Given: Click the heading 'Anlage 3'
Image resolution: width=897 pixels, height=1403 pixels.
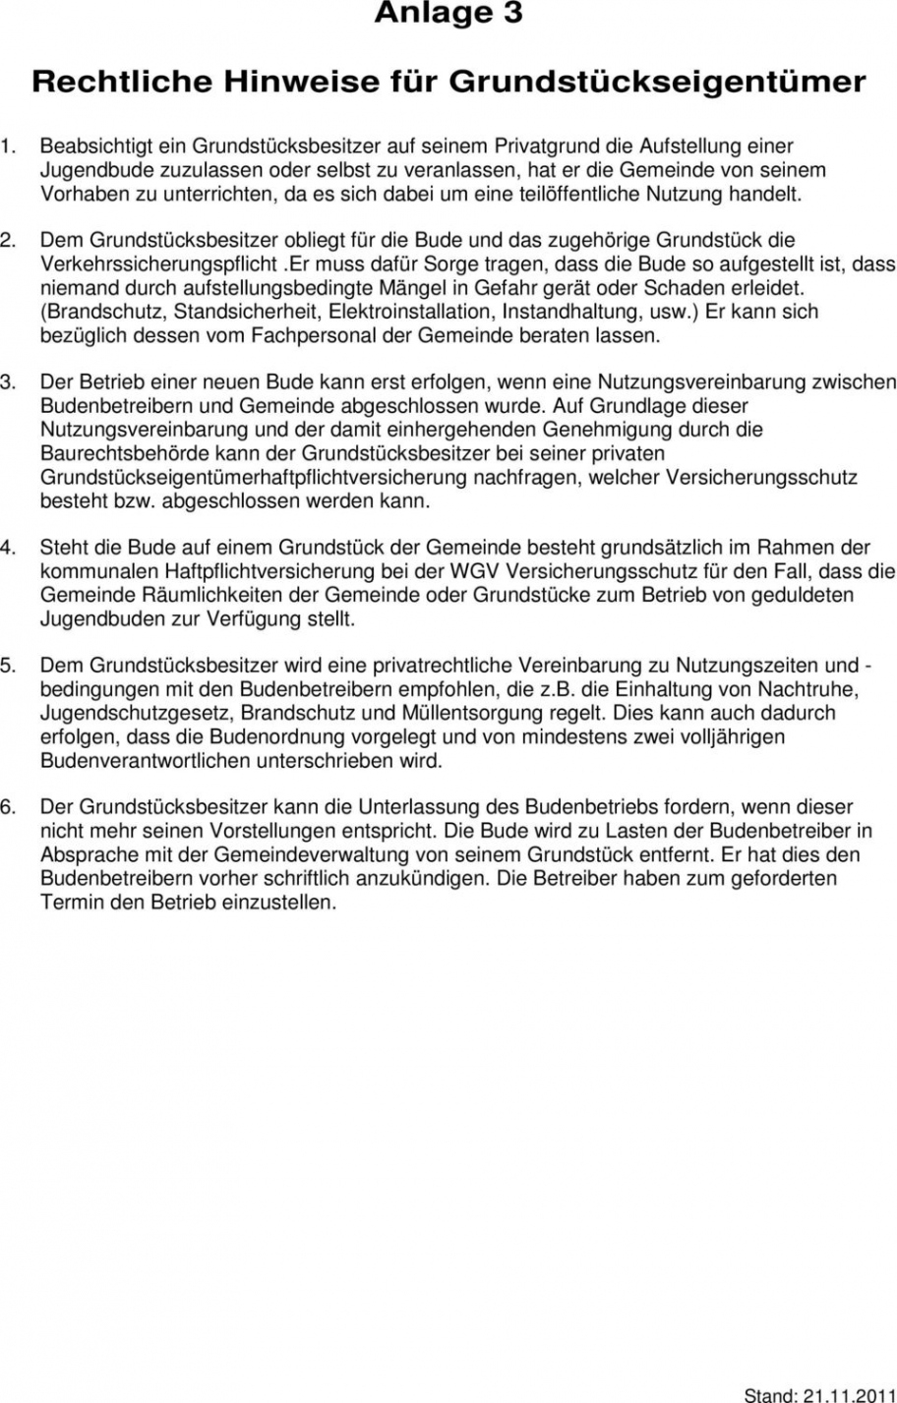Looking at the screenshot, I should [x=448, y=14].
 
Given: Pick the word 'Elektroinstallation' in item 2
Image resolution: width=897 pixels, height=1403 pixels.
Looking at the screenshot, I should [x=412, y=312].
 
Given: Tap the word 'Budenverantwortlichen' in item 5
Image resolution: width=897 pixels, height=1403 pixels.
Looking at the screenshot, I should [x=145, y=760].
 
